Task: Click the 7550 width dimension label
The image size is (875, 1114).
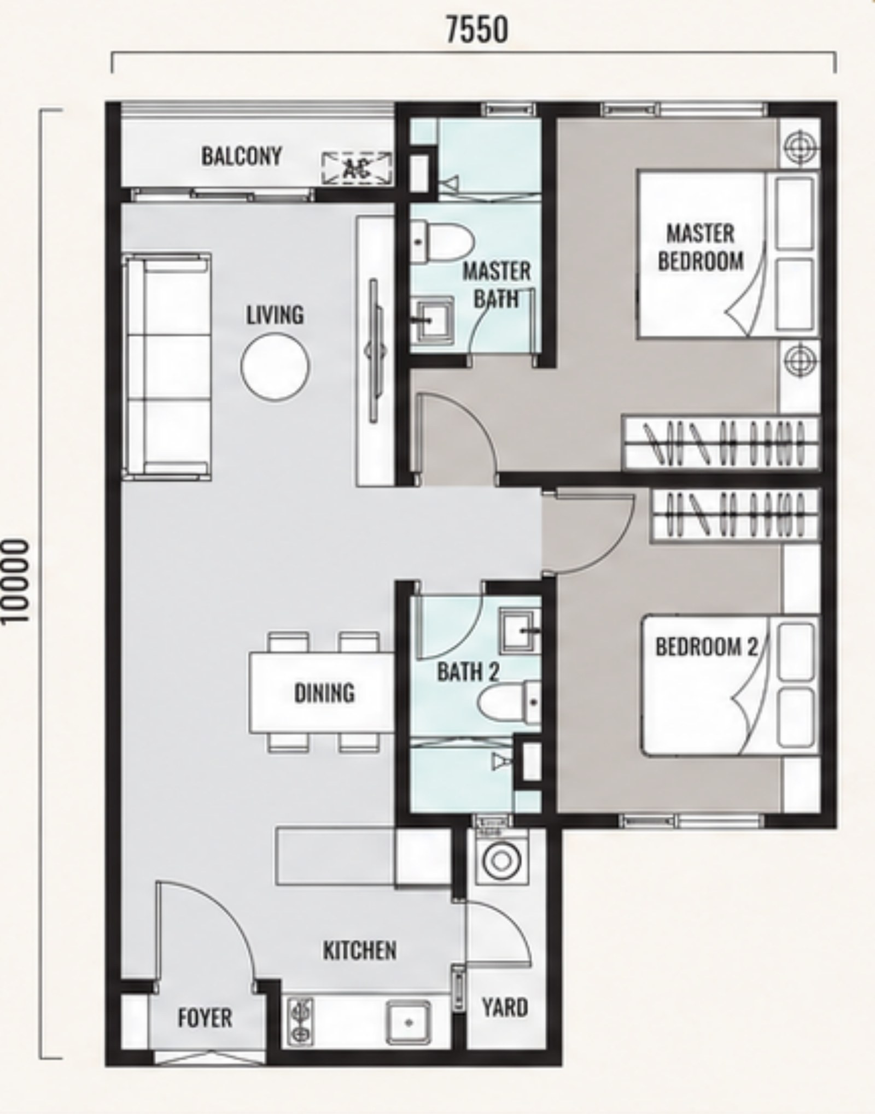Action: pyautogui.click(x=477, y=30)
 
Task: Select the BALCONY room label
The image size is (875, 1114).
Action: pyautogui.click(x=241, y=156)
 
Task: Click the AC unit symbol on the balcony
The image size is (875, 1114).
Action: pyautogui.click(x=357, y=168)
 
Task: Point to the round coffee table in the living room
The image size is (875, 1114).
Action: pyautogui.click(x=275, y=367)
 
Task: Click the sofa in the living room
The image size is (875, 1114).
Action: pyautogui.click(x=167, y=366)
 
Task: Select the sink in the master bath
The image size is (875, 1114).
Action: pyautogui.click(x=432, y=320)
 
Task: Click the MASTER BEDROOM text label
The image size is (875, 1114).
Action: pyautogui.click(x=701, y=248)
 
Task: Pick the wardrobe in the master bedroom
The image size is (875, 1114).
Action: pyautogui.click(x=720, y=443)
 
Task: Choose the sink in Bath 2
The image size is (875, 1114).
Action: pyautogui.click(x=520, y=631)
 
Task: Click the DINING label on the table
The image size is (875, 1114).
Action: pyautogui.click(x=324, y=693)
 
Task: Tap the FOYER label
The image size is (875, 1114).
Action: pyautogui.click(x=205, y=1018)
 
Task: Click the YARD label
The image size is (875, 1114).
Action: pyautogui.click(x=505, y=1007)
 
